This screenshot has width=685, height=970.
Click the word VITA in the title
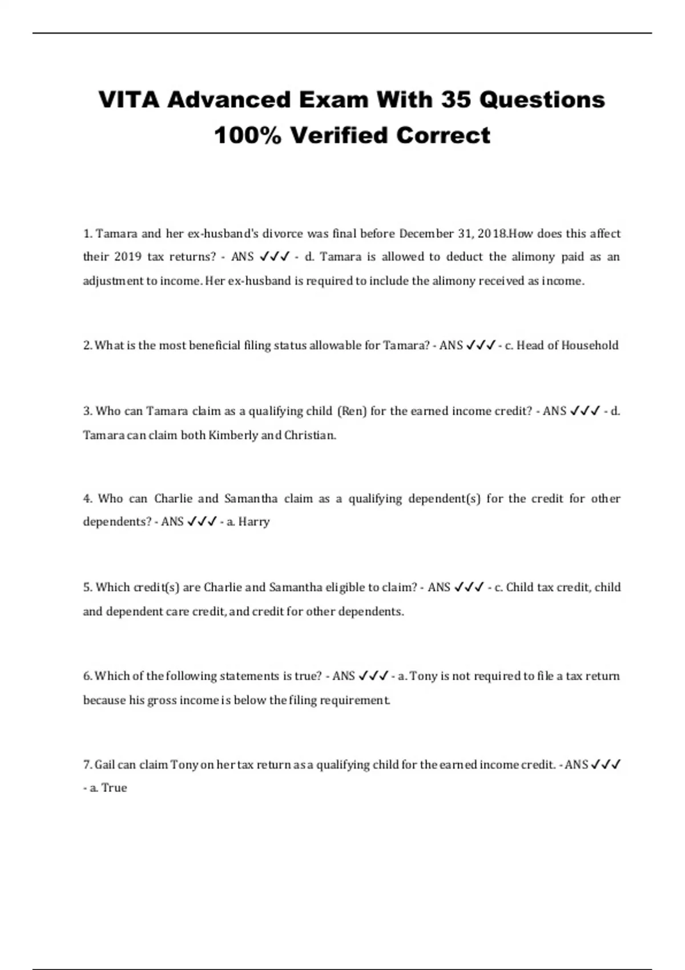click(x=129, y=100)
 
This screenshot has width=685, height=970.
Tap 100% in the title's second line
click(x=247, y=136)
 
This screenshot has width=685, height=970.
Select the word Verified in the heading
click(x=339, y=136)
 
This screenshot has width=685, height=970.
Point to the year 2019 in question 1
click(x=128, y=257)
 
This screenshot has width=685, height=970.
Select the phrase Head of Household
click(x=567, y=345)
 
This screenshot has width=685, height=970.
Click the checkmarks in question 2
click(x=480, y=345)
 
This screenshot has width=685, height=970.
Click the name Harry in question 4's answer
click(x=254, y=522)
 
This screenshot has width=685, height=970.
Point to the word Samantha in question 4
click(x=251, y=499)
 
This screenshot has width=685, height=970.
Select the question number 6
click(x=87, y=676)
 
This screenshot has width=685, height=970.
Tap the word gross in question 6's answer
click(x=162, y=700)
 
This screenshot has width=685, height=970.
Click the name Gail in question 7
click(x=105, y=765)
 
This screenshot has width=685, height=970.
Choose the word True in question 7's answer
click(x=114, y=788)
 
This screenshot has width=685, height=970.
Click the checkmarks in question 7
click(x=606, y=765)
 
